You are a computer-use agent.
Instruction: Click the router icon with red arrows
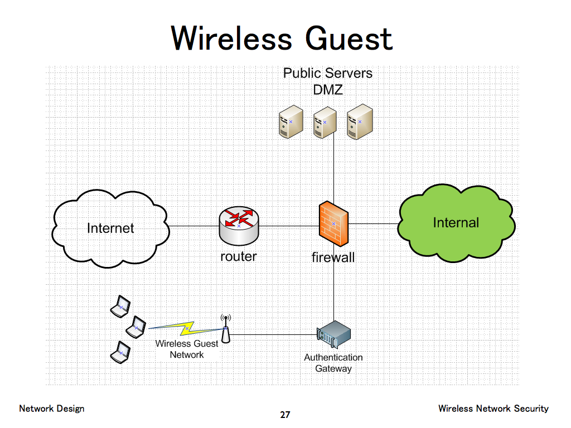[239, 225]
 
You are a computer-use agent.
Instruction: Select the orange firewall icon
[333, 224]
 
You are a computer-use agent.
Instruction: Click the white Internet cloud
[111, 228]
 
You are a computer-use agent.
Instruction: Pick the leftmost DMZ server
[291, 123]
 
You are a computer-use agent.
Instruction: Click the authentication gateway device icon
[333, 334]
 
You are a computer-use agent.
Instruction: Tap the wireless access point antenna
[225, 329]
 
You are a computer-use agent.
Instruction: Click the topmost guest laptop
[120, 307]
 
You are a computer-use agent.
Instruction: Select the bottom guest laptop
[120, 352]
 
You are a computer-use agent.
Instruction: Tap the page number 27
[285, 415]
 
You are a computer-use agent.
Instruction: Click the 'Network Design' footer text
[52, 408]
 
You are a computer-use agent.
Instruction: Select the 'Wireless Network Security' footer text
[493, 408]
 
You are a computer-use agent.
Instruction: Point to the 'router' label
[239, 256]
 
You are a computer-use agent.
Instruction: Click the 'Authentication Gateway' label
[333, 363]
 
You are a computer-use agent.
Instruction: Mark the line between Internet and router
[193, 226]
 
